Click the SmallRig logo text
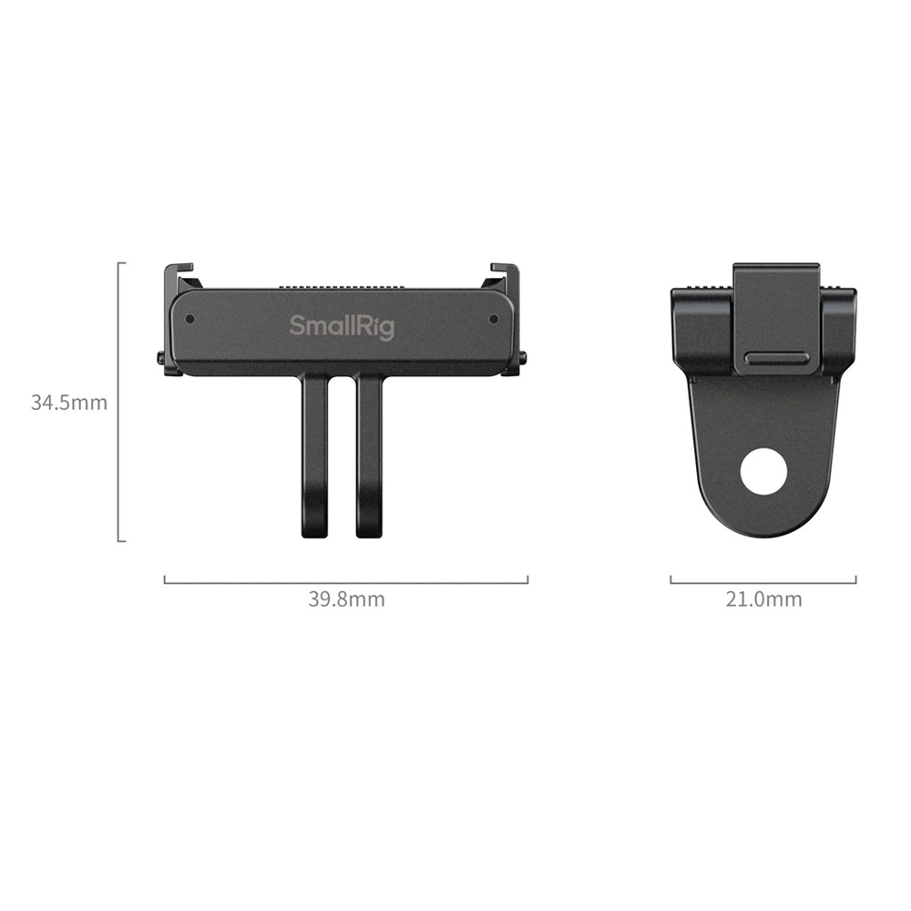point(342,327)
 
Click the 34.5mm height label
point(69,402)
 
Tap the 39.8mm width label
point(346,599)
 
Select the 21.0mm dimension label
point(763,599)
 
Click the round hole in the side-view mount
point(764,472)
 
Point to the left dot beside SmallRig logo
point(189,319)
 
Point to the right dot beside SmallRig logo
point(494,319)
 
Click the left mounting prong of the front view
point(314,456)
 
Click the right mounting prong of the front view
point(370,456)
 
